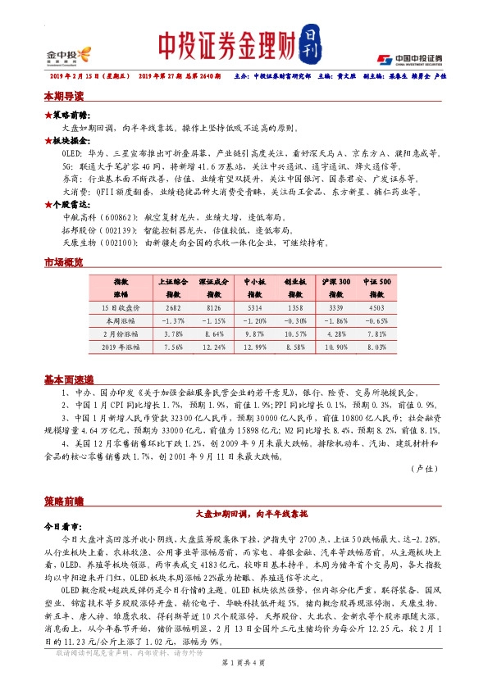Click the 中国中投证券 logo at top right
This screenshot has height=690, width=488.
(409, 58)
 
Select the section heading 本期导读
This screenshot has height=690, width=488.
(64, 96)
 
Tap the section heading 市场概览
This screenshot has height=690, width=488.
(64, 262)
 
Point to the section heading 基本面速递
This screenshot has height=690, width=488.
(69, 380)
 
